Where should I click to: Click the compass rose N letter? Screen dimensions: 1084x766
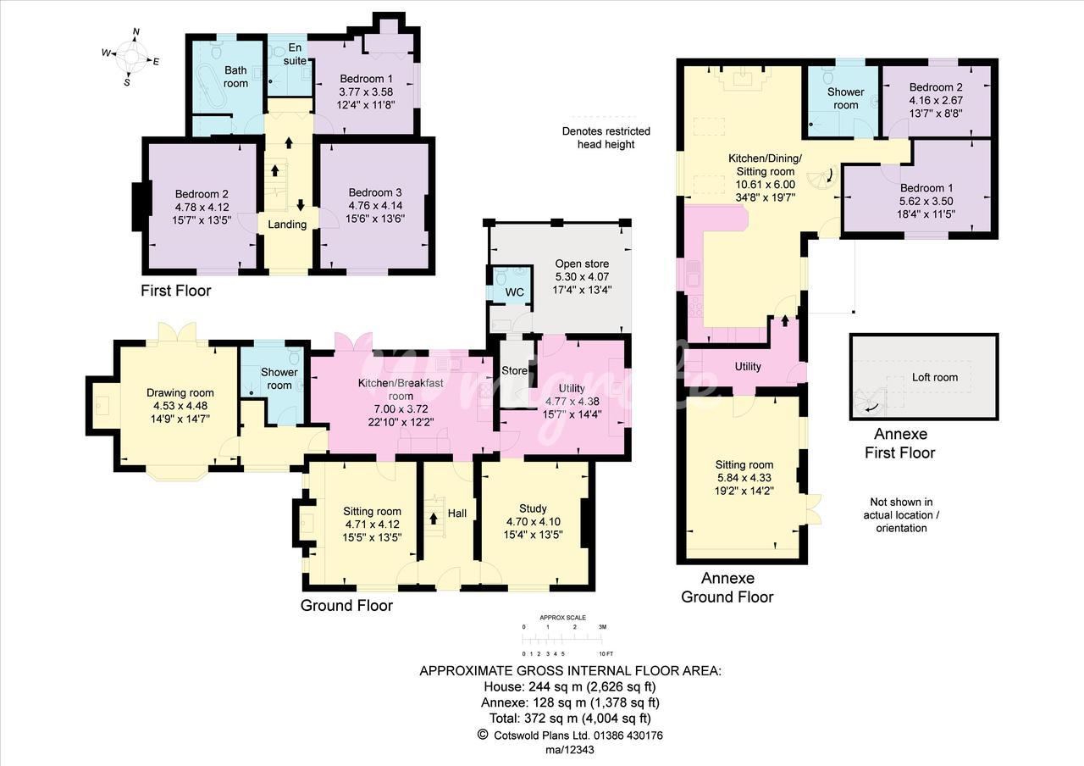(136, 32)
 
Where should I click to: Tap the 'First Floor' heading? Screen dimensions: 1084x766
(175, 291)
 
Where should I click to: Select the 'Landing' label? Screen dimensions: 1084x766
(287, 225)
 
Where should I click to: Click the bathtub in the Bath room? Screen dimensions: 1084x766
(211, 92)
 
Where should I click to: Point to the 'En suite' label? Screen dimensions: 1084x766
(295, 53)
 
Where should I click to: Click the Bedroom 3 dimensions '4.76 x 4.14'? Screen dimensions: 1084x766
(375, 205)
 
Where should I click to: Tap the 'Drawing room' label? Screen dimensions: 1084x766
(180, 392)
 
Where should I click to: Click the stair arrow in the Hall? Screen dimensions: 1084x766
(434, 519)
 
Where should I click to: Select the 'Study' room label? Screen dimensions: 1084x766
(533, 508)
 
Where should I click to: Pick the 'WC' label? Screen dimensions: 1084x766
(514, 292)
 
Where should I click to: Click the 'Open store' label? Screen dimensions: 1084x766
(582, 264)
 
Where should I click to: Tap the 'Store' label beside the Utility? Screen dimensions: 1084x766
(514, 370)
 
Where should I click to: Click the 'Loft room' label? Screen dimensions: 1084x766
(934, 377)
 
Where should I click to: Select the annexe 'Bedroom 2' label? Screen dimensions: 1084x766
(936, 87)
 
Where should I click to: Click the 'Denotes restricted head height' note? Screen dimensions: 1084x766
(606, 137)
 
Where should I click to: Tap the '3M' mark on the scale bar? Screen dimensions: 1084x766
(602, 626)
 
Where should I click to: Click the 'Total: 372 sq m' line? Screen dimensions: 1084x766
(570, 718)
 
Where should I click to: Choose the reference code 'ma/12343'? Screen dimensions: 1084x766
(570, 750)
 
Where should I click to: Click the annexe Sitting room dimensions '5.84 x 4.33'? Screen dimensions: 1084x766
(744, 477)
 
